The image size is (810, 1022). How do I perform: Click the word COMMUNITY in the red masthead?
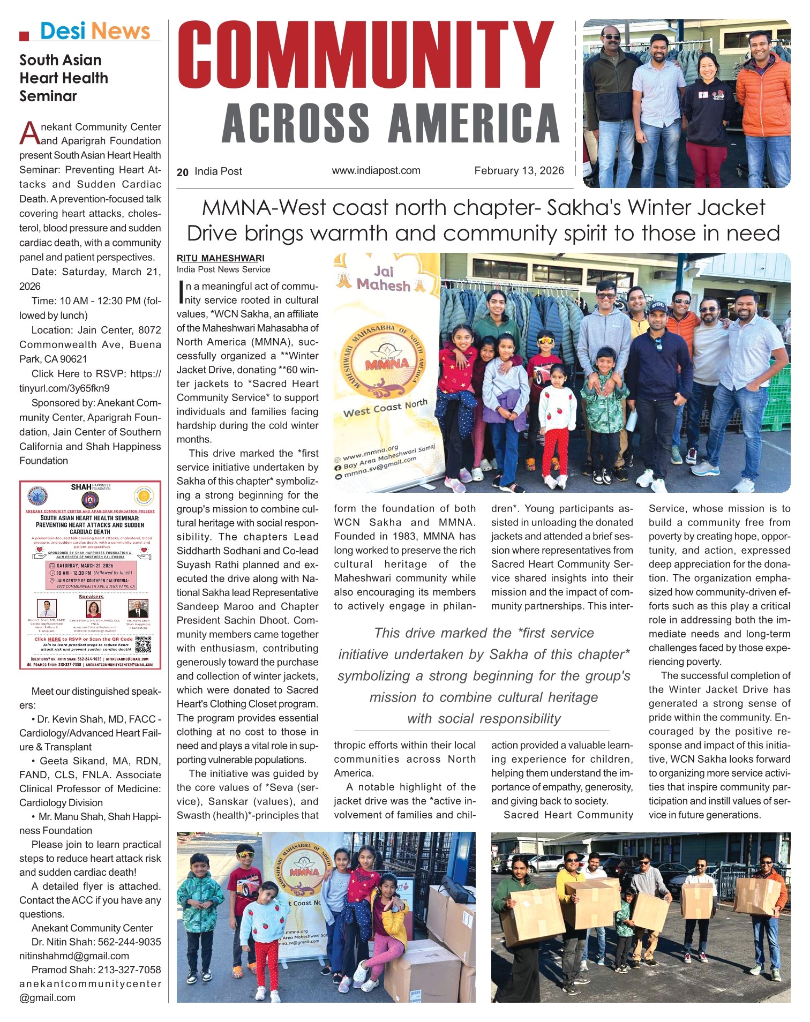pos(366,55)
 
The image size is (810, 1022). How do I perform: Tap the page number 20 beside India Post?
pos(183,172)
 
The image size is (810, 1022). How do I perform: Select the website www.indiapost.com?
pos(376,171)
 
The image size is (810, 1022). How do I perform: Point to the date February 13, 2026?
pos(519,171)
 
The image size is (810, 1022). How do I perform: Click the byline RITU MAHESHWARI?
pos(221,258)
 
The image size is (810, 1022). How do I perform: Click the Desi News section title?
pos(95,31)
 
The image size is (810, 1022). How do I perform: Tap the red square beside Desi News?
pos(24,36)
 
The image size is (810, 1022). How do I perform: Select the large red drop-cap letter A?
pos(29,133)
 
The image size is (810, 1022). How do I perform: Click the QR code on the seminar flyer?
pos(144,644)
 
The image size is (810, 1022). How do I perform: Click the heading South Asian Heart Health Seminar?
pos(64,78)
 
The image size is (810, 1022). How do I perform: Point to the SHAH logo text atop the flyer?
pos(81,487)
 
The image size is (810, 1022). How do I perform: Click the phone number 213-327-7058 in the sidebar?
pos(129,970)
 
